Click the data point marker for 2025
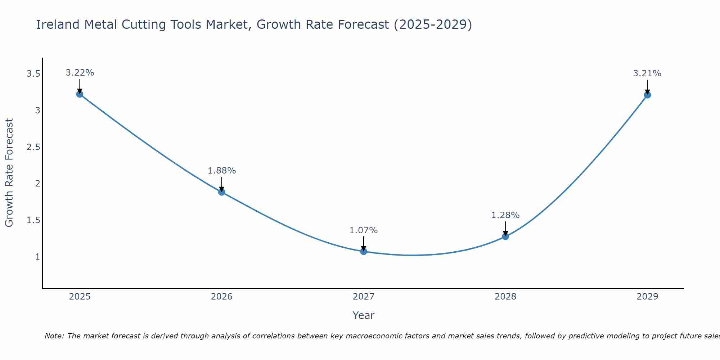(80, 94)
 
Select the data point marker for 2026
(222, 192)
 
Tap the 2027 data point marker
(364, 251)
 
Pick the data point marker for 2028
(505, 237)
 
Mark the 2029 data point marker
(647, 95)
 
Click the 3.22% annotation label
(80, 73)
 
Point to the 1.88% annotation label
(222, 171)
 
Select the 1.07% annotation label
(364, 230)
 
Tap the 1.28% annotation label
(505, 215)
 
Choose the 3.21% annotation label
(647, 73)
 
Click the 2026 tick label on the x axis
(222, 297)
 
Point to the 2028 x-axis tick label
(505, 297)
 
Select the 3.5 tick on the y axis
(33, 74)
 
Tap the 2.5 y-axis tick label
(33, 147)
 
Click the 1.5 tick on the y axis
(33, 220)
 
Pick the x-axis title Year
(364, 315)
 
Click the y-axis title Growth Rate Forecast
(9, 173)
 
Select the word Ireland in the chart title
(58, 24)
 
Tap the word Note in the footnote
(54, 336)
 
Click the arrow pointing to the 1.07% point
(364, 243)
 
